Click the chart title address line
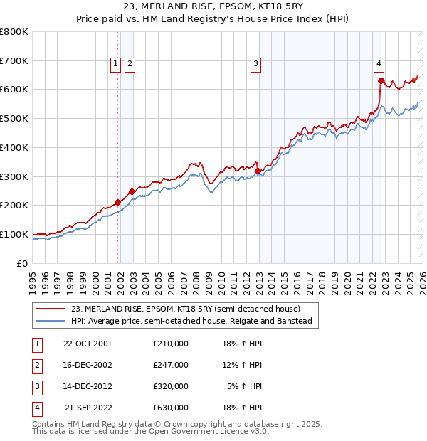click(x=213, y=7)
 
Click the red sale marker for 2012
click(x=258, y=171)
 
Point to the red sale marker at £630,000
click(x=381, y=80)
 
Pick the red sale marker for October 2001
click(x=117, y=202)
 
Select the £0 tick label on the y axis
click(x=21, y=263)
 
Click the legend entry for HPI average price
click(x=191, y=322)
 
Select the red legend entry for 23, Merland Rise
click(x=186, y=309)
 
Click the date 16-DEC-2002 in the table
click(x=88, y=365)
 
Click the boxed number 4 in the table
click(x=36, y=408)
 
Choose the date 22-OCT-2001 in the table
click(x=88, y=344)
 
